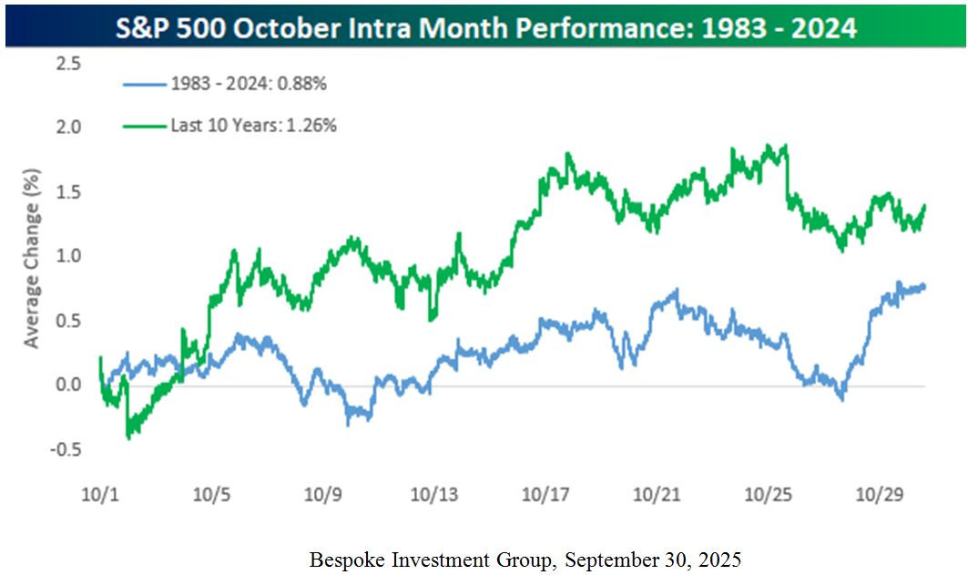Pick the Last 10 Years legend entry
click(x=253, y=125)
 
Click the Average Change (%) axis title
click(x=33, y=257)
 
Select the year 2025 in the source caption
click(x=720, y=559)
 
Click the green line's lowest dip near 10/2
click(x=128, y=437)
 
